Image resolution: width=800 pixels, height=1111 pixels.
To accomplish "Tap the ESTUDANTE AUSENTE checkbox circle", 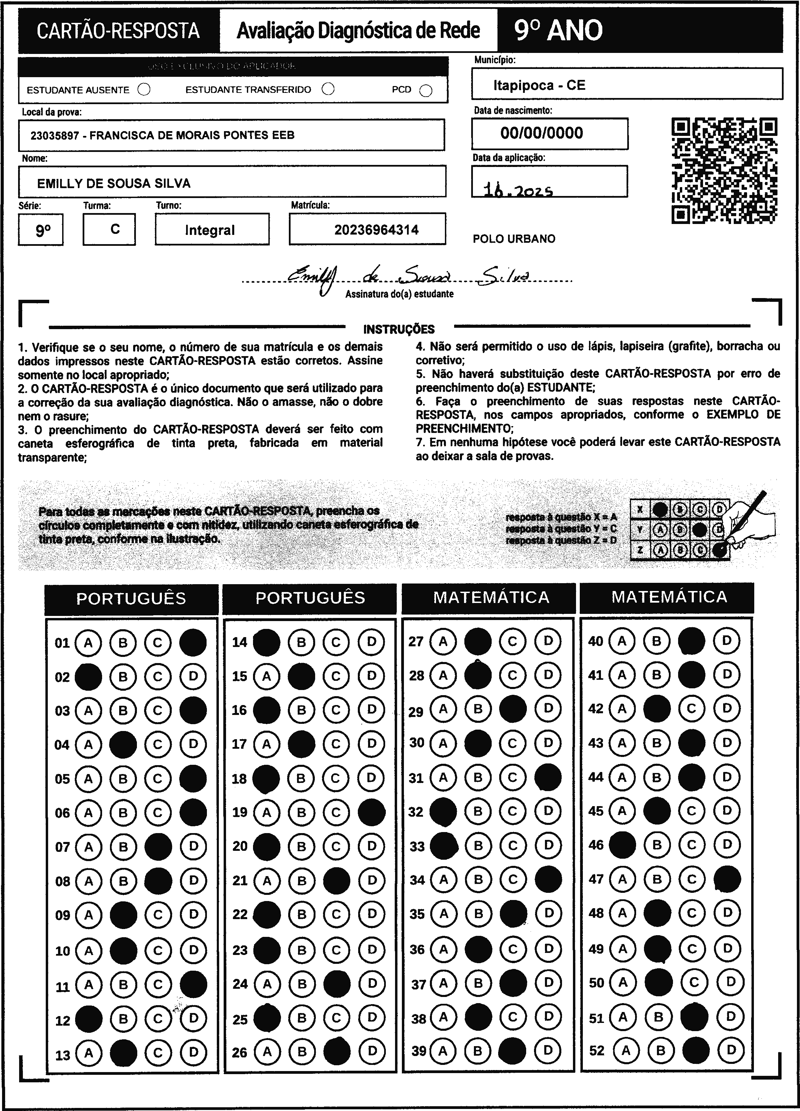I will [144, 90].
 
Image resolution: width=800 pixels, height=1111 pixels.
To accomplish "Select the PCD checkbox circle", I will [426, 91].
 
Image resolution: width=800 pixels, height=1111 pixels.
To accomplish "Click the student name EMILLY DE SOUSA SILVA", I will [114, 183].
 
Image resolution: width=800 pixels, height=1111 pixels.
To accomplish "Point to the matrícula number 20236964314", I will [376, 230].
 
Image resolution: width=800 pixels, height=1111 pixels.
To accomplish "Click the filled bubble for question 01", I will [193, 642].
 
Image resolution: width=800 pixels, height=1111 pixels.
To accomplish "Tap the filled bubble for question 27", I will [478, 641].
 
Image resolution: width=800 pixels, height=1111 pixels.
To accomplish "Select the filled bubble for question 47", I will [728, 879].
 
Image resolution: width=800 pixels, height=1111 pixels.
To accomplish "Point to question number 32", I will [416, 812].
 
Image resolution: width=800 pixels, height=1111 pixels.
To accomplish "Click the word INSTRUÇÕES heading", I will [399, 329].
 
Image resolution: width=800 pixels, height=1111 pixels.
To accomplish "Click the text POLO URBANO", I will [514, 239].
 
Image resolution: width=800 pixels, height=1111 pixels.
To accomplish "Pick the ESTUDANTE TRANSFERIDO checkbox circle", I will [328, 89].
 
